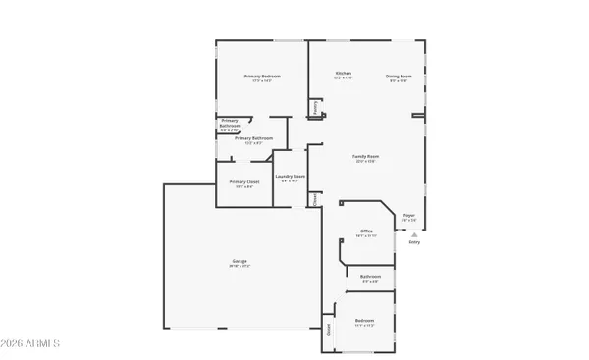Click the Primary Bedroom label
pyautogui.click(x=263, y=76)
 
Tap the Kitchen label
pyautogui.click(x=344, y=74)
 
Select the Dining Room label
pyautogui.click(x=398, y=75)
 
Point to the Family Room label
pyautogui.click(x=366, y=156)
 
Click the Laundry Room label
pyautogui.click(x=291, y=177)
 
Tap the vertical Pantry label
pyautogui.click(x=315, y=109)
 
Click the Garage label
pyautogui.click(x=240, y=261)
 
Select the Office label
pyautogui.click(x=366, y=231)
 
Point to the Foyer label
pyautogui.click(x=408, y=215)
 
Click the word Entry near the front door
pyautogui.click(x=414, y=241)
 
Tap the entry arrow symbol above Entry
pyautogui.click(x=414, y=235)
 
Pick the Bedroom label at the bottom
pyautogui.click(x=364, y=320)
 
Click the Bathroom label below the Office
pyautogui.click(x=370, y=276)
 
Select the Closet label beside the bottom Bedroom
pyautogui.click(x=328, y=331)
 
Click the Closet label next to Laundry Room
pyautogui.click(x=315, y=198)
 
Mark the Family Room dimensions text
pyautogui.click(x=366, y=162)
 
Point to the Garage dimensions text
pyautogui.click(x=240, y=267)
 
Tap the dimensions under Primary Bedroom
pyautogui.click(x=263, y=81)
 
